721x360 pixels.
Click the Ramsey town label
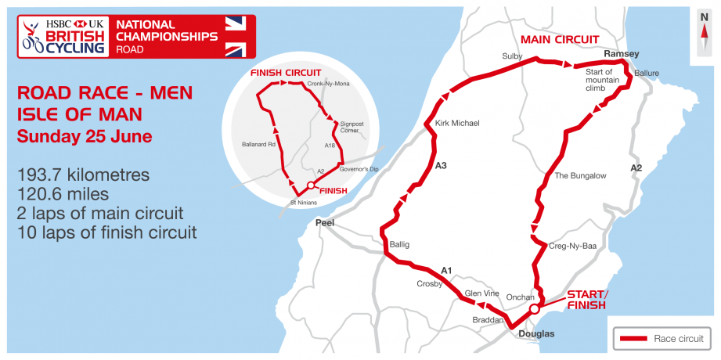(x=622, y=53)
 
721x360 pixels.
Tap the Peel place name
(x=324, y=223)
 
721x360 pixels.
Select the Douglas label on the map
(x=536, y=334)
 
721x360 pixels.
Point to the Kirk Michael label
(x=456, y=123)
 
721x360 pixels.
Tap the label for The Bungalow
(x=580, y=175)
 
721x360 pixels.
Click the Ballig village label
(x=399, y=244)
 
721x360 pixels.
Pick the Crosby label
(x=430, y=283)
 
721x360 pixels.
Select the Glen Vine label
(x=482, y=293)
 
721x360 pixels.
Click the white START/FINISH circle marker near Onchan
(x=535, y=309)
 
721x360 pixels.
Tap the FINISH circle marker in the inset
(x=311, y=185)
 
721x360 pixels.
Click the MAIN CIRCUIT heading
(x=560, y=39)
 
